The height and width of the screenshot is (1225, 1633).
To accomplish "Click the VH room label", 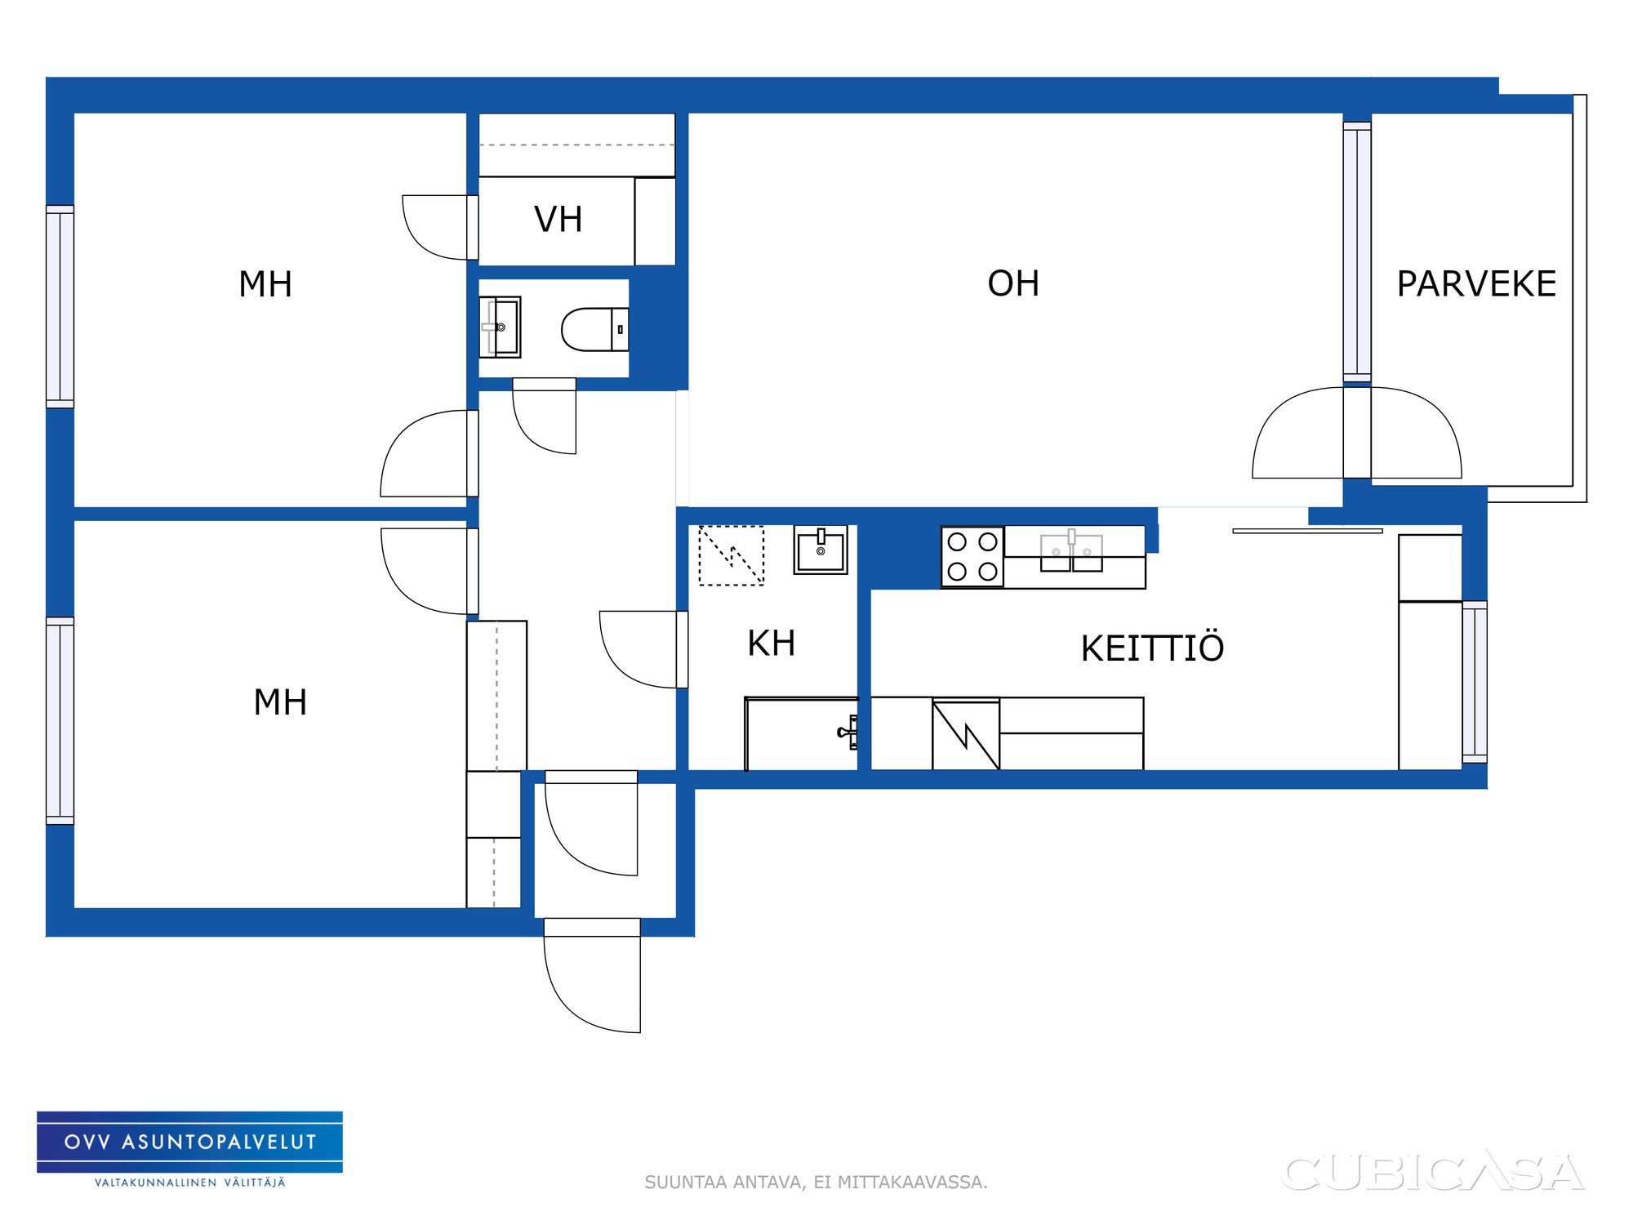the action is (558, 220).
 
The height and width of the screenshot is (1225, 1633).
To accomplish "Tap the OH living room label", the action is (1013, 284).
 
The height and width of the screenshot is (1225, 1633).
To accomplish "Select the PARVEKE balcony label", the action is (1476, 284).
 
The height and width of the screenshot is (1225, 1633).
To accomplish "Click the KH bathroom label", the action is (771, 644).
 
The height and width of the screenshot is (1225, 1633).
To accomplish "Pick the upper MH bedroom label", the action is (265, 284).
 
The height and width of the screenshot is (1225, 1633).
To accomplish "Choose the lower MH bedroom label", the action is (280, 702).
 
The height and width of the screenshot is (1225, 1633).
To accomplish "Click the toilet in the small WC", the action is (595, 329).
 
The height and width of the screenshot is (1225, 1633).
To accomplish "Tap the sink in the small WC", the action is (500, 327).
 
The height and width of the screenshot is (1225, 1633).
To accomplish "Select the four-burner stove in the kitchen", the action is (972, 557).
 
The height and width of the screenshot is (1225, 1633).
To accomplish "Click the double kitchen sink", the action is (1071, 552).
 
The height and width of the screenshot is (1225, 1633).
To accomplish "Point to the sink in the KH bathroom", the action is (821, 550).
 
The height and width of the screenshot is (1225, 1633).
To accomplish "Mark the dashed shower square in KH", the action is (732, 555).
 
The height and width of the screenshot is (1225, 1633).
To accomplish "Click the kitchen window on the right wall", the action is (1475, 682).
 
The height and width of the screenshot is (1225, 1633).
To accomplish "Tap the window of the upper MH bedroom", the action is (60, 306).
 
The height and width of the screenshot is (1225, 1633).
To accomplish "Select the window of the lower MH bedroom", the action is (60, 721).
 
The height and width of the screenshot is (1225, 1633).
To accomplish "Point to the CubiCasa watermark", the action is (1434, 1173).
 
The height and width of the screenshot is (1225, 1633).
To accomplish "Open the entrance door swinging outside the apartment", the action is (592, 976).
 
